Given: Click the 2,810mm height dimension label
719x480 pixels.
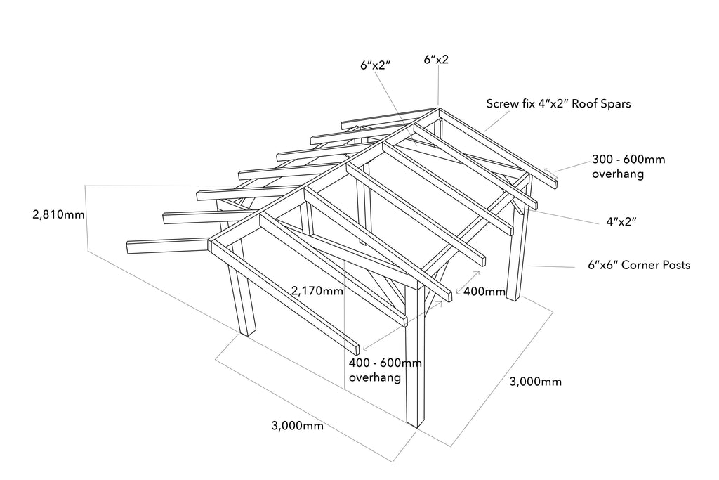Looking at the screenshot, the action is pos(58,214).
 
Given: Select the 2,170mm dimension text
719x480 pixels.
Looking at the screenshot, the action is pos(317,290).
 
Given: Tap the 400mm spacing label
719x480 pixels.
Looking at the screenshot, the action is pos(484,292).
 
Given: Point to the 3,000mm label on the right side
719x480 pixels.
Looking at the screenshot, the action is pos(535,382).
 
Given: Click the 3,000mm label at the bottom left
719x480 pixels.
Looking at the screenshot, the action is pos(297,426).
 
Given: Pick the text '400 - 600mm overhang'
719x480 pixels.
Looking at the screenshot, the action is pos(385,370).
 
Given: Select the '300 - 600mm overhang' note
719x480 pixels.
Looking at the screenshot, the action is pos(628,167).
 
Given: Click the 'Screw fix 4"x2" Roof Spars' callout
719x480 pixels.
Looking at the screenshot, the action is pos(558,104).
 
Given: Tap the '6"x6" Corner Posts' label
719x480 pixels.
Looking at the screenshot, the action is pos(639,265).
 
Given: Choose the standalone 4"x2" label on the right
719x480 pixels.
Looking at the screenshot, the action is pos(621,222).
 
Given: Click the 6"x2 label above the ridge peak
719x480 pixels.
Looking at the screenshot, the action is pos(436,60).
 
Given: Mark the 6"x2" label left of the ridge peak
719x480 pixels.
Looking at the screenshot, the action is pos(375,65).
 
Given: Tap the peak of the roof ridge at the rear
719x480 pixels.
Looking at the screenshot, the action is pos(438,109).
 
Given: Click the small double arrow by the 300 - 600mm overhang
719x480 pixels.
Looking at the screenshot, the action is pos(551,173).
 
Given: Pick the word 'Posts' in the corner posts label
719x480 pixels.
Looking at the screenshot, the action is pos(674,265).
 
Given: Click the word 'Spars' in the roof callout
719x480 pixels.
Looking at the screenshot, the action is pos(616,104).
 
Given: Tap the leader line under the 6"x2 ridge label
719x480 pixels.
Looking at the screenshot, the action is pos(438,86).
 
